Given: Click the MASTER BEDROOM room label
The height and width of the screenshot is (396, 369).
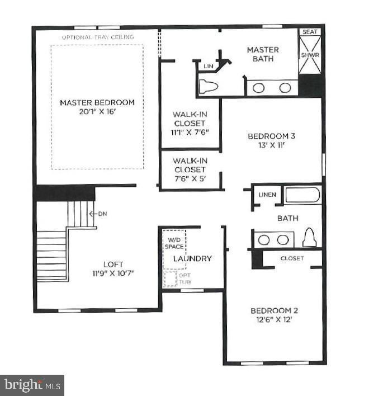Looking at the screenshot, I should pos(97,102).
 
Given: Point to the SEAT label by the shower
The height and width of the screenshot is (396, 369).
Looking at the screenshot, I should pos(310,32).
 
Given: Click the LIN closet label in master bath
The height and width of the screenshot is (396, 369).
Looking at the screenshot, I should pos(209,67).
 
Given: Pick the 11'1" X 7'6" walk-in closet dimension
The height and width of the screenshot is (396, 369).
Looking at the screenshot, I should pos(190,133).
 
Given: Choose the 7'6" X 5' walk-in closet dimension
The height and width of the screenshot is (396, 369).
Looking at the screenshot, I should pos(190,179).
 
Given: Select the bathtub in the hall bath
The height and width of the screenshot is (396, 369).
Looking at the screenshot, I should pos(302,195).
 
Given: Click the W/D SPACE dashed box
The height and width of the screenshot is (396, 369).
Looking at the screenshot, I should pos(173,243).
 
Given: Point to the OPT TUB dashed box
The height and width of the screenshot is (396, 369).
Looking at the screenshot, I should pos(170,278).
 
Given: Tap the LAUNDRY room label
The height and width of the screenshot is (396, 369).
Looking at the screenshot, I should pos(192,258).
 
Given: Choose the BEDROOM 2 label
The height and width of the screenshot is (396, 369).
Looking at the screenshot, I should pos(271,311).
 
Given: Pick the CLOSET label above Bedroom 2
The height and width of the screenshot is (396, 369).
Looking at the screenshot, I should pos(292,258).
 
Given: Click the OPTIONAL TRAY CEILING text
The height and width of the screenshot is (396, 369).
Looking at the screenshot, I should pos(98,37).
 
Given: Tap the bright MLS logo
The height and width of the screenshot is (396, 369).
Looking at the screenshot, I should pos(32,385).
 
